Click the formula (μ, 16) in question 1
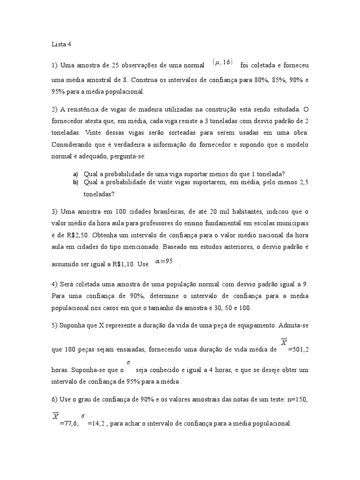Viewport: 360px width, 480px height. click(222, 62)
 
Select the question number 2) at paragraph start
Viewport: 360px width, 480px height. click(55, 109)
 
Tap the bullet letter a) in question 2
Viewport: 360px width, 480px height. click(75, 174)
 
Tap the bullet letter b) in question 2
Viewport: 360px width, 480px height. click(75, 182)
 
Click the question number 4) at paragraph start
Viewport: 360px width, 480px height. click(55, 285)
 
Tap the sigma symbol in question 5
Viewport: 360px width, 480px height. click(128, 362)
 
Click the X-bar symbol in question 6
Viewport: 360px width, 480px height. click(56, 416)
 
